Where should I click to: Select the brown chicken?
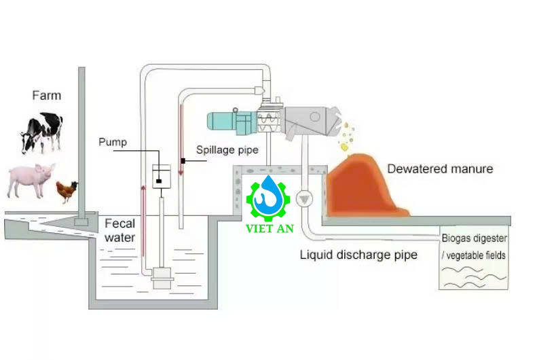66,191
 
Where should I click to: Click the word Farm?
46,95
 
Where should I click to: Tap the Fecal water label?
119,230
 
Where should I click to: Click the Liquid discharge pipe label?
358,255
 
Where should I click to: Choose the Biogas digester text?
474,239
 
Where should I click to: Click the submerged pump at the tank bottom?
162,277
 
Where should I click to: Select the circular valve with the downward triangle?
304,199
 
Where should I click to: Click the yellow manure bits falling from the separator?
346,136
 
